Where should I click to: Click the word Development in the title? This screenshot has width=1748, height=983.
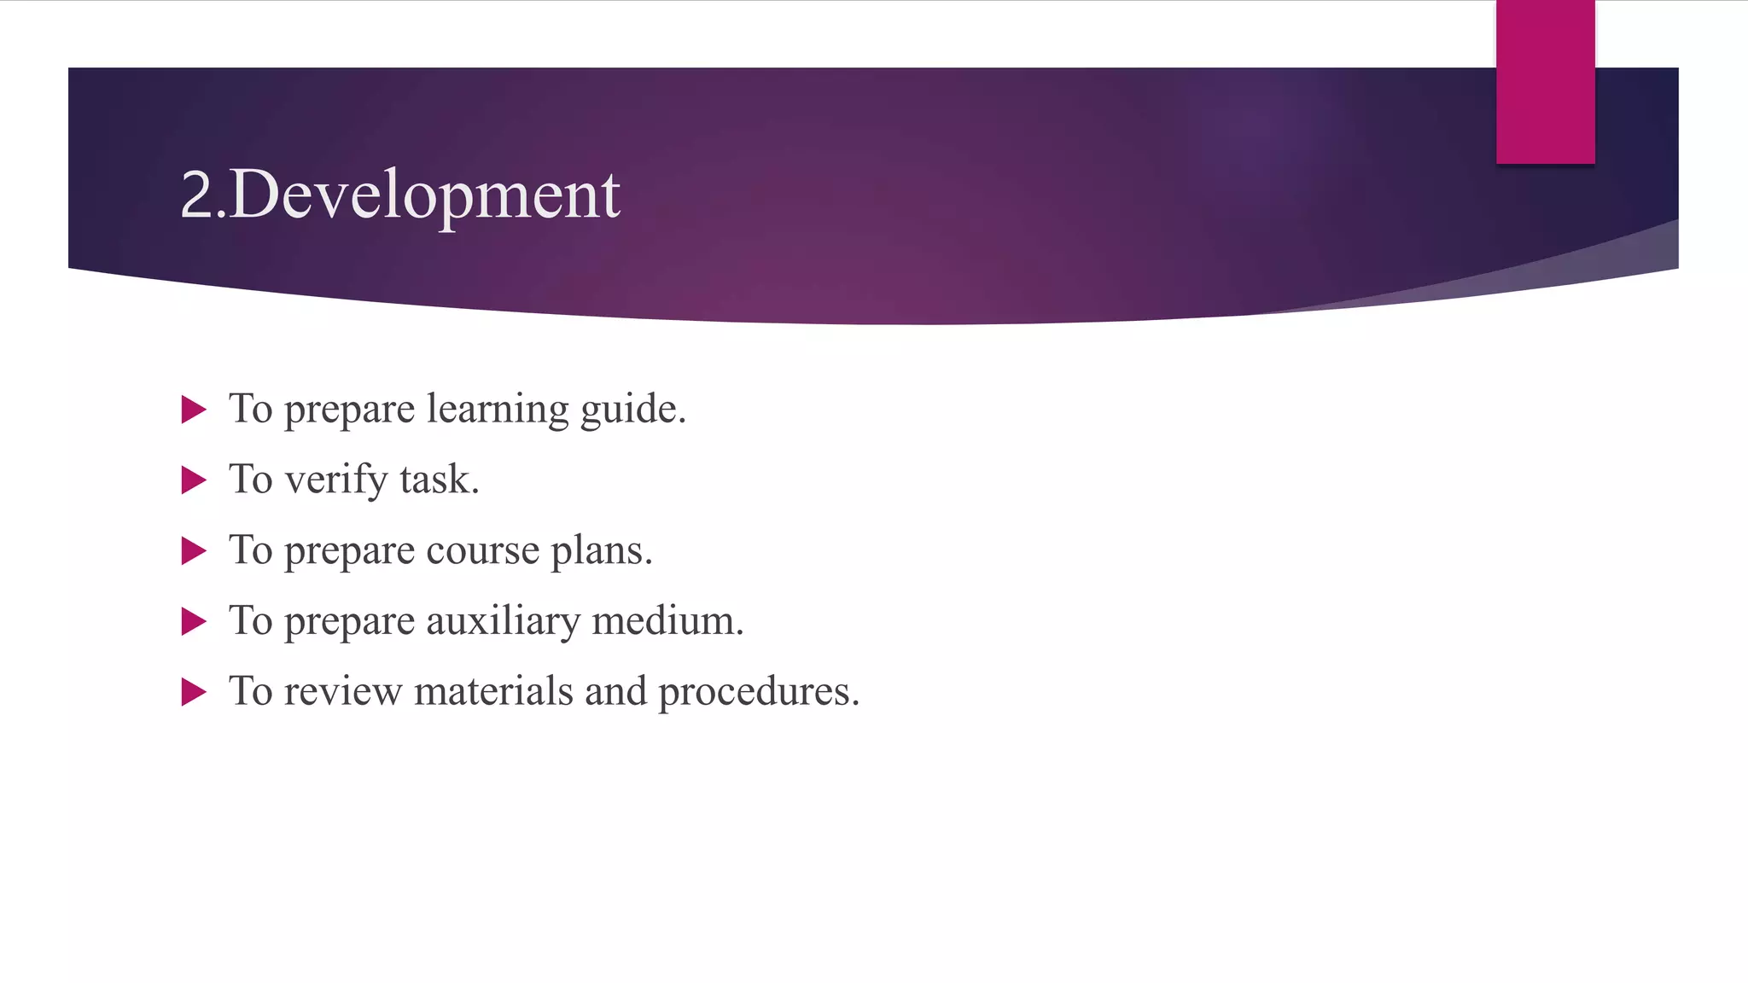pyautogui.click(x=424, y=195)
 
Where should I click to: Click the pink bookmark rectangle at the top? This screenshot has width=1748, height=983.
pyautogui.click(x=1545, y=81)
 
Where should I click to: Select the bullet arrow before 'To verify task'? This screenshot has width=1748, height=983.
pyautogui.click(x=194, y=480)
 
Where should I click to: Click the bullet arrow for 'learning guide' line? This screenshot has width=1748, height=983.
pyautogui.click(x=194, y=410)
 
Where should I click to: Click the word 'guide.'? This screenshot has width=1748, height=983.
pyautogui.click(x=632, y=410)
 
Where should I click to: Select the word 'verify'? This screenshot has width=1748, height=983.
pyautogui.click(x=336, y=480)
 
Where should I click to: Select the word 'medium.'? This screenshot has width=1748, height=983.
pyautogui.click(x=667, y=621)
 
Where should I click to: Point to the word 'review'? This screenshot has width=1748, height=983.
pyautogui.click(x=342, y=692)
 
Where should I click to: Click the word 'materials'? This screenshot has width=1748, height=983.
pyautogui.click(x=493, y=691)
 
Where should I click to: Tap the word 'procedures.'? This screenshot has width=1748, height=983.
pyautogui.click(x=759, y=692)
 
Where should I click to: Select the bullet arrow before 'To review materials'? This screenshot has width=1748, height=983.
pyautogui.click(x=194, y=692)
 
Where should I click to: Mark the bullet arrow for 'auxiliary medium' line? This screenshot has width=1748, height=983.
pyautogui.click(x=194, y=621)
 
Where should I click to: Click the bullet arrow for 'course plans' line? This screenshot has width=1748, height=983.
pyautogui.click(x=194, y=551)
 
